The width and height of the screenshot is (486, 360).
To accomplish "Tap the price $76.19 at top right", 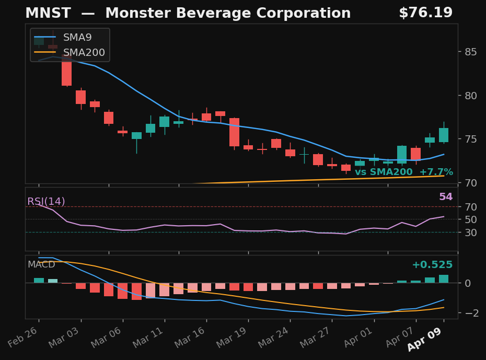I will point(425,13).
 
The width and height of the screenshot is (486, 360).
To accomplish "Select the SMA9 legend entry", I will point(77,38).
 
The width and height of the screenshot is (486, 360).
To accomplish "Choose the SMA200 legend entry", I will point(84,53).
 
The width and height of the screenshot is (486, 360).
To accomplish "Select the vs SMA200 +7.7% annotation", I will point(403,172).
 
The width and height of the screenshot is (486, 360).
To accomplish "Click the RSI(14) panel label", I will point(46,202).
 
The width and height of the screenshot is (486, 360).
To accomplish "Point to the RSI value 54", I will point(445,197).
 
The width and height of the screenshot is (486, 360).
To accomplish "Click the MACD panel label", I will point(41,264).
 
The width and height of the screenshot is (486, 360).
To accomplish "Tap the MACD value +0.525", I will point(432,265).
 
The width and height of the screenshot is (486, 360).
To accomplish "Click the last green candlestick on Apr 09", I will point(444,135).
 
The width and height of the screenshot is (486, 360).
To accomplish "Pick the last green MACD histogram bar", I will point(444,279).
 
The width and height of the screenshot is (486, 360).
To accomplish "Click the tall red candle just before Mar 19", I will point(234,132).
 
